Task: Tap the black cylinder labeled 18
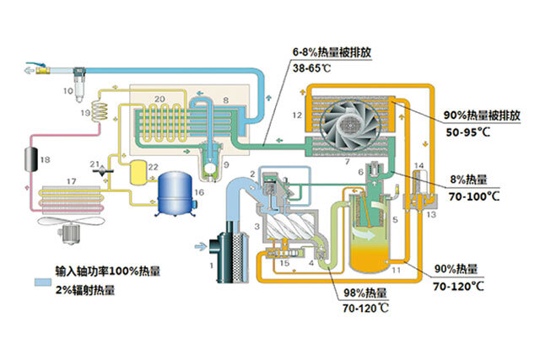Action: [x=33, y=159]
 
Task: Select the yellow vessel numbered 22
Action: [x=136, y=172]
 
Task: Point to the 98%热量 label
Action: [x=365, y=293]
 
